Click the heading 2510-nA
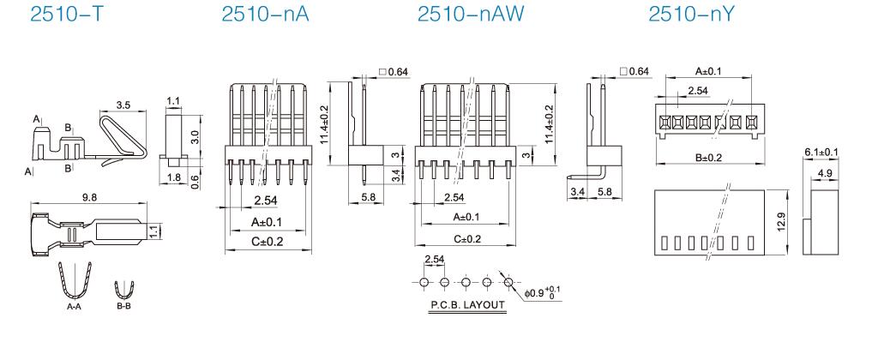pyautogui.click(x=257, y=15)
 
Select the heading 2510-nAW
pyautogui.click(x=463, y=15)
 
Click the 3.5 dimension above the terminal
pyautogui.click(x=122, y=105)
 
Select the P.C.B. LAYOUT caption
pyautogui.click(x=466, y=304)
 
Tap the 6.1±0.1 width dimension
pyautogui.click(x=821, y=152)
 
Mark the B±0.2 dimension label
pyautogui.click(x=708, y=156)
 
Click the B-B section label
pyautogui.click(x=125, y=304)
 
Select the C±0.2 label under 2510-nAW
pyautogui.click(x=466, y=237)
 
